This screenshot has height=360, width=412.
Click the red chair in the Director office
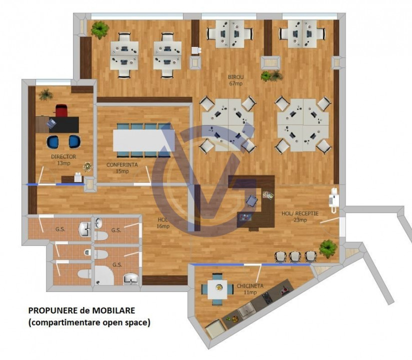61,110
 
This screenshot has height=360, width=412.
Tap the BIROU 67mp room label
235,80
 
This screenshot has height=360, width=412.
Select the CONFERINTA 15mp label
122,168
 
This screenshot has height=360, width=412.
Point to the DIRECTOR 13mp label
63,160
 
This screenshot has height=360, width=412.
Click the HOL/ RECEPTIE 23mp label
300,216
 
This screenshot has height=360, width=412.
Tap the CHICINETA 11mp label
250,289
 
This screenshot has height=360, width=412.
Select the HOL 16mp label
163,223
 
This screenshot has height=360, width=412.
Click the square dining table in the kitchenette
217,289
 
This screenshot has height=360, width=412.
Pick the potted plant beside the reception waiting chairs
328,248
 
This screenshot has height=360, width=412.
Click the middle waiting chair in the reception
295,256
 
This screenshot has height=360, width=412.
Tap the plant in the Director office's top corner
45,94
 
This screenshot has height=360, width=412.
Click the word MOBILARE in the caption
113,310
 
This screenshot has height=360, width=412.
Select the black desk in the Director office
63,124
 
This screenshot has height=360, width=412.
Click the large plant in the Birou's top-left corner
100,29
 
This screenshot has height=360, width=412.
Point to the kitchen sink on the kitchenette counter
246,311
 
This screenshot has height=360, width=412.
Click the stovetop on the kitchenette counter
268,298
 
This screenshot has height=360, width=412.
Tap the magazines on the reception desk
268,195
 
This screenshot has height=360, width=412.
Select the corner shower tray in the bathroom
104,275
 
